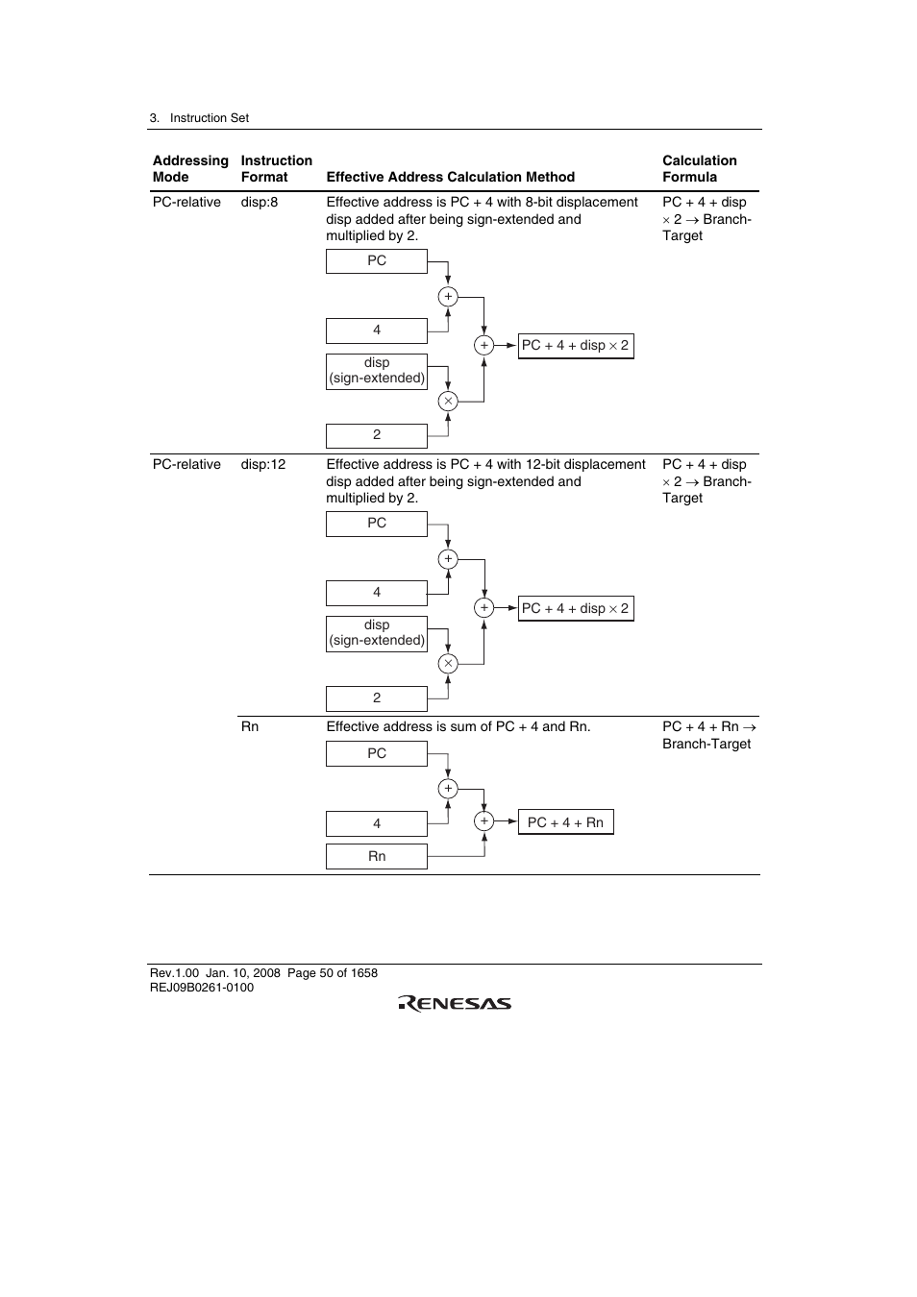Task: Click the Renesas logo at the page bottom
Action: pos(455,1003)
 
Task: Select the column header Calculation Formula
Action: pos(699,168)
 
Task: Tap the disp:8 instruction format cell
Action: pos(260,202)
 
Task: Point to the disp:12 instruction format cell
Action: pos(263,464)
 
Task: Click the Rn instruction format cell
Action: pos(250,726)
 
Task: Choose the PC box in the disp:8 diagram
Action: pos(377,260)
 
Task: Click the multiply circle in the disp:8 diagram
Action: pos(448,401)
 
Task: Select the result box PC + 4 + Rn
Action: pos(565,822)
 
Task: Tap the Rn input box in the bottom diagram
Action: pos(377,856)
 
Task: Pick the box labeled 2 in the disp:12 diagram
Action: pos(377,698)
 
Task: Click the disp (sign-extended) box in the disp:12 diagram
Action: pos(377,633)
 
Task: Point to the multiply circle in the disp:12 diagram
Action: pos(448,663)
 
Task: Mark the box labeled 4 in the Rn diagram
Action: pos(377,823)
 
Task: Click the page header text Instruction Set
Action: pos(209,118)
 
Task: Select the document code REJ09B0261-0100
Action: pos(202,988)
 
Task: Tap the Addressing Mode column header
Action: pos(190,168)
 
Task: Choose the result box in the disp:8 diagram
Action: pos(575,345)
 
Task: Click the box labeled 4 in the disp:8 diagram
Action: pos(377,330)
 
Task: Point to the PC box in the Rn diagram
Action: pos(377,753)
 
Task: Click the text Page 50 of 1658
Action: pos(333,972)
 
